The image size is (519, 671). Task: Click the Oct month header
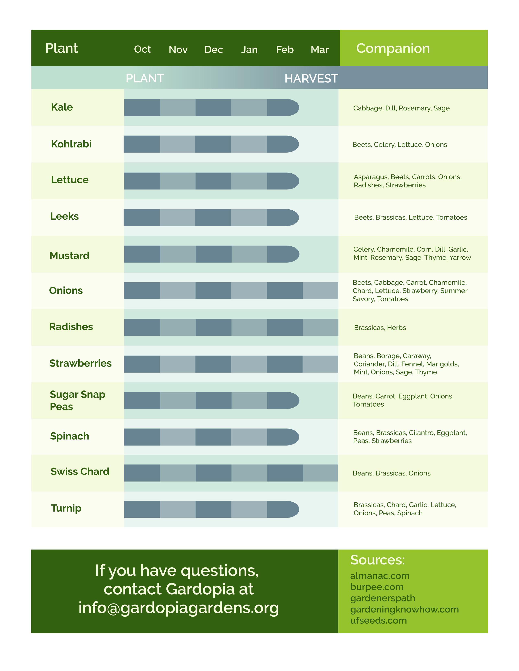142,49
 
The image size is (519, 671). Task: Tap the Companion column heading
393,48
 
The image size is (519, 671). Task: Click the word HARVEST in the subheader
311,78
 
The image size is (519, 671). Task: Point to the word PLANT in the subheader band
145,78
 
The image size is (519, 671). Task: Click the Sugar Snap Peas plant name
78,400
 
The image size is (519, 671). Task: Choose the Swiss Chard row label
80,471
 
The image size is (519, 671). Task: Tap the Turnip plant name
66,508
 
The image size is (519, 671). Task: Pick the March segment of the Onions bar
320,291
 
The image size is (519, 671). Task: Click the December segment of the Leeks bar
213,218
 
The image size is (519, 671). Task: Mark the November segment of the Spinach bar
177,437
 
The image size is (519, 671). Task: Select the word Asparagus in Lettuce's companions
371,177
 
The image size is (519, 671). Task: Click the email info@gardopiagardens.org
179,608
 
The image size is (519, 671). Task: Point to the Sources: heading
378,560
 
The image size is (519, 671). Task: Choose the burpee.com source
377,587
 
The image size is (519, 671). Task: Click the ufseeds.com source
378,620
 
